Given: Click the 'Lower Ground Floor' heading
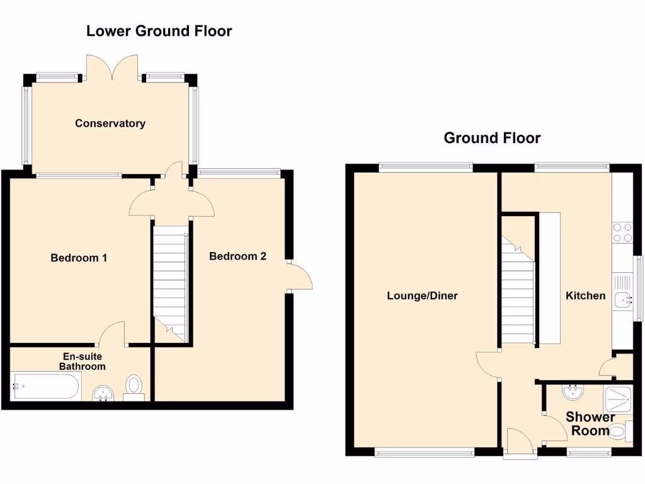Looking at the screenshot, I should point(159,30).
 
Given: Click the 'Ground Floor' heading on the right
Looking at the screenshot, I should point(492,138).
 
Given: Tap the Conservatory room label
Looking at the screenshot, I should point(110,124).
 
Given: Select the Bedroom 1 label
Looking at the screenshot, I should point(79,258).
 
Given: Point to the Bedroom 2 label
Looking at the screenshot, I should point(237,256).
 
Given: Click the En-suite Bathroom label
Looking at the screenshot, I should point(82,361).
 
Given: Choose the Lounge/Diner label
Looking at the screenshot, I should point(422,296).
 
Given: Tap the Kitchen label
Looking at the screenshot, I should point(585,296).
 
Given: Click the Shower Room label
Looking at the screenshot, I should point(590,424).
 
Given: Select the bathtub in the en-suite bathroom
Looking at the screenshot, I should point(45,386).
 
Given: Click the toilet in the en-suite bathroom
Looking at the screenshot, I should point(134,386).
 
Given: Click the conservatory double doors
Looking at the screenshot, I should point(112,67).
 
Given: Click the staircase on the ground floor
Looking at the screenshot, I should point(518,284).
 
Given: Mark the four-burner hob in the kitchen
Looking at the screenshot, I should point(622,232).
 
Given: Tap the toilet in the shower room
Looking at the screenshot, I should point(619,432).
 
